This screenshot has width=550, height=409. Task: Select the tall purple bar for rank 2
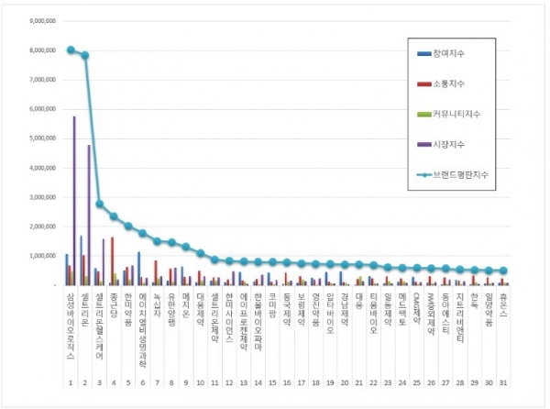[x=89, y=215]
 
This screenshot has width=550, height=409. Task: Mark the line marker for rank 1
[x=71, y=50]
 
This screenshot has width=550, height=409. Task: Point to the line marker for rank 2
[x=85, y=55]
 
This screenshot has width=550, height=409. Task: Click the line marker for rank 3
[x=99, y=204]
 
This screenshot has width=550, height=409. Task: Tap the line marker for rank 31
[x=503, y=271]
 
